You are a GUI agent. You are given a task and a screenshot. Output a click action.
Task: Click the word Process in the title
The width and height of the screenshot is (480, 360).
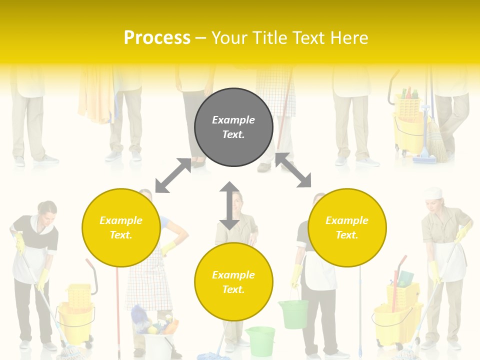(157, 38)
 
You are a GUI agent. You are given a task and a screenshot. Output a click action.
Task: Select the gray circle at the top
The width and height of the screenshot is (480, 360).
(233, 127)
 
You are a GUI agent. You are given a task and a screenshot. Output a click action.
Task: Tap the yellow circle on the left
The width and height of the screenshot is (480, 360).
(121, 227)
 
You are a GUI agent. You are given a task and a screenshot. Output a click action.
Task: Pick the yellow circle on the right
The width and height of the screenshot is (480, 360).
(347, 227)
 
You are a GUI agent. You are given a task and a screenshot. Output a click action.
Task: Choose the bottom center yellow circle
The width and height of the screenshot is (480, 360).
(233, 282)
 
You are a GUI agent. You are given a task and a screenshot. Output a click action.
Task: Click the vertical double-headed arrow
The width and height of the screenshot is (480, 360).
(229, 205)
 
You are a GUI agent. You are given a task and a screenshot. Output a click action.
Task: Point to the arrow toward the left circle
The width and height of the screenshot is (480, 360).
(173, 175)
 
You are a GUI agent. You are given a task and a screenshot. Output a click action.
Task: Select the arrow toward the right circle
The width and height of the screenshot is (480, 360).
(293, 170)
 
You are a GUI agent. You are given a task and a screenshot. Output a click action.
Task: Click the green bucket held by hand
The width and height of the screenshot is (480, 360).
(293, 313)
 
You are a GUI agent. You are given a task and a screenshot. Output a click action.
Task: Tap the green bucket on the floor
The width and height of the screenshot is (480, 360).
(260, 340)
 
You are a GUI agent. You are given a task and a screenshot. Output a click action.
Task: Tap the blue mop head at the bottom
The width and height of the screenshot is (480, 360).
(212, 355)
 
